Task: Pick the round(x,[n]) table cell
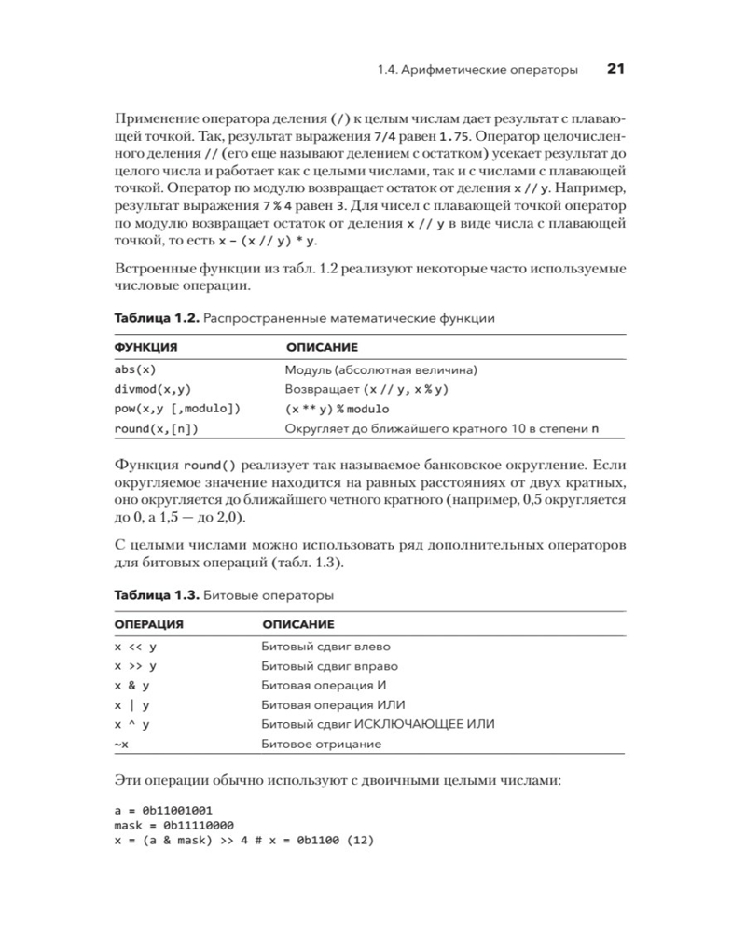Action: point(157,429)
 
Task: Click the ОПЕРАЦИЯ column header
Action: point(148,623)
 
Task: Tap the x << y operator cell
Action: point(136,646)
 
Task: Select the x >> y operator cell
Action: point(136,666)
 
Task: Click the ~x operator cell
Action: point(121,745)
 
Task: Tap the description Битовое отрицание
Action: point(321,745)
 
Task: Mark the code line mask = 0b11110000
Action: point(173,826)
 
